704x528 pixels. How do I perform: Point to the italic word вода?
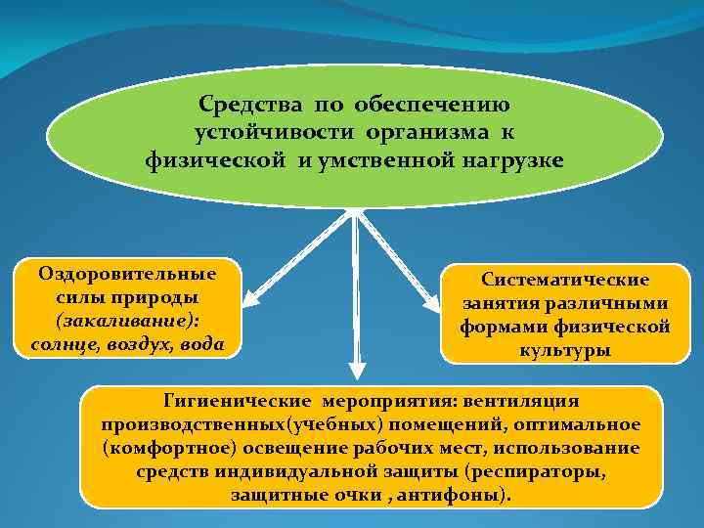tap(202, 344)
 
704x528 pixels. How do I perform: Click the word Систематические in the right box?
tap(564, 280)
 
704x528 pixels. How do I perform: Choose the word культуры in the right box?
tap(564, 349)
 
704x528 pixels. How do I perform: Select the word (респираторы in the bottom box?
tap(536, 472)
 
